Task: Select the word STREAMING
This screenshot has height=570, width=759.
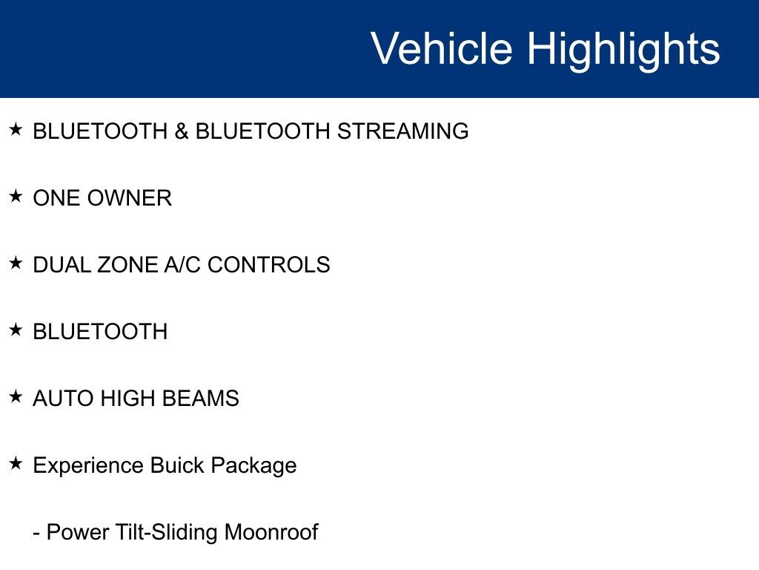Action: pos(402,131)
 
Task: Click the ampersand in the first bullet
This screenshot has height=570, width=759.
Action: pos(182,131)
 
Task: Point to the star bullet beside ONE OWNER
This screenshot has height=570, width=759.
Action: pos(16,197)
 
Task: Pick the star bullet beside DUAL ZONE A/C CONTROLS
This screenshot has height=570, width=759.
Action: pos(16,263)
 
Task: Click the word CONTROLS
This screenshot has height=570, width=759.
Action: pos(268,265)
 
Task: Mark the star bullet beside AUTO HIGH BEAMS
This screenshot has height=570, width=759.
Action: pos(16,397)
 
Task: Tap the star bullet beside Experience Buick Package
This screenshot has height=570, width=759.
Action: pos(16,464)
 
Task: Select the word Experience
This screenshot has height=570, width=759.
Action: pos(88,466)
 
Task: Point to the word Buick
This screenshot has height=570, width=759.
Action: pos(177,465)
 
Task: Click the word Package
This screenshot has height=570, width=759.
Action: pos(253,466)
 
